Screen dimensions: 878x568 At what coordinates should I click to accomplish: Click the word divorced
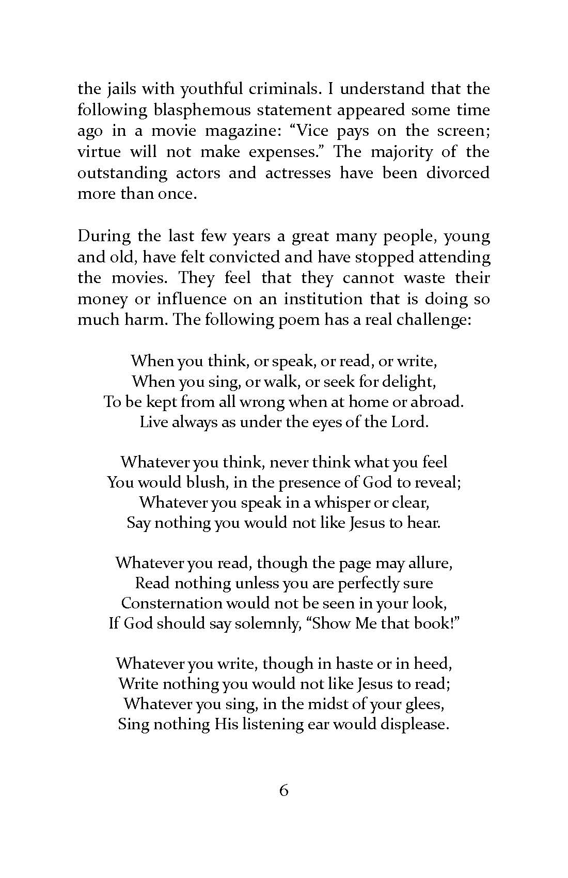point(457,173)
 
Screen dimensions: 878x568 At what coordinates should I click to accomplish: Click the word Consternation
point(171,603)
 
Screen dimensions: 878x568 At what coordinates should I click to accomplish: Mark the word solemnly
point(267,624)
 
